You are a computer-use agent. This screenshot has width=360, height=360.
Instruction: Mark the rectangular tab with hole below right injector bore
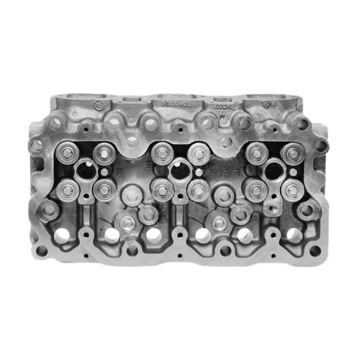[272, 207]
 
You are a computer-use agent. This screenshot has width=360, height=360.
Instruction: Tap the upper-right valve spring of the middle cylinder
[197, 153]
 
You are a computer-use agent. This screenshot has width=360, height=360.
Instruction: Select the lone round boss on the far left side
[48, 209]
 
